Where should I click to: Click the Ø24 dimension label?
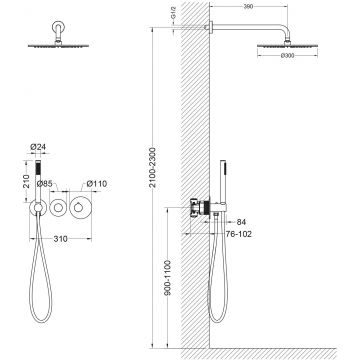point(37,146)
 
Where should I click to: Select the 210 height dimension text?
point(27,181)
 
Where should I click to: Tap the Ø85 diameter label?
point(44,184)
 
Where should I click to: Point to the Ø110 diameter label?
point(97,184)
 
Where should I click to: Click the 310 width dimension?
point(60,239)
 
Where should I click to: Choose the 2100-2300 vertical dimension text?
point(152,167)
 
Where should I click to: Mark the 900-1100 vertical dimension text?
point(168,278)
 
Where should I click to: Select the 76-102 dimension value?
point(239,234)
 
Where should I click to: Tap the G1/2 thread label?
point(173,16)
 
